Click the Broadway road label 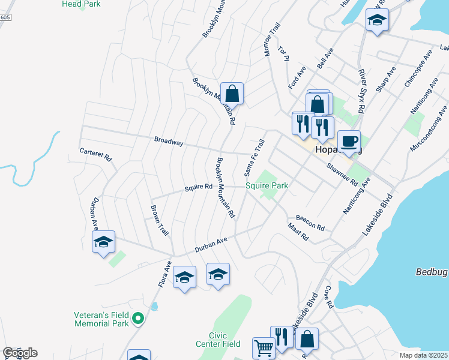coord(168,142)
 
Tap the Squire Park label coord(267,186)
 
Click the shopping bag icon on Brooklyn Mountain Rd coord(232,94)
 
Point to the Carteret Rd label coord(96,154)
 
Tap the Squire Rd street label coord(199,187)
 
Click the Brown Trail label coord(159,220)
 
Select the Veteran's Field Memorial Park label coord(101,319)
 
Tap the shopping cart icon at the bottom coord(264,347)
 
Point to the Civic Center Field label coord(217,339)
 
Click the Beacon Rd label coord(310,223)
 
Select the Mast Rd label coord(298,232)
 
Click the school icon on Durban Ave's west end coord(103,242)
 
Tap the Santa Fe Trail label coord(255,158)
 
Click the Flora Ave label coord(164,273)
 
